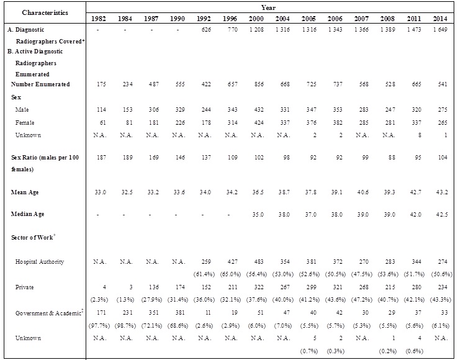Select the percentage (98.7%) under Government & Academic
tap(124, 325)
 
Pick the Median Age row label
tap(29, 214)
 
